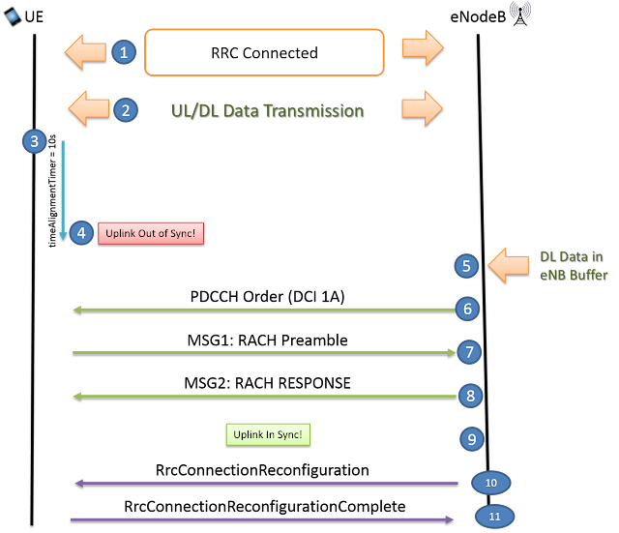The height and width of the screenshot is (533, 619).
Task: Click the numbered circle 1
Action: pyautogui.click(x=123, y=52)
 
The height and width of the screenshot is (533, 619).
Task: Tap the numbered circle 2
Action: pyautogui.click(x=124, y=109)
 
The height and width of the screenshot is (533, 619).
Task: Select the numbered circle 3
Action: pyautogui.click(x=35, y=142)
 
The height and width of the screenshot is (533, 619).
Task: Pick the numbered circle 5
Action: pyautogui.click(x=466, y=266)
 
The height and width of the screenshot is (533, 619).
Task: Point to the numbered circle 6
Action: pyautogui.click(x=468, y=310)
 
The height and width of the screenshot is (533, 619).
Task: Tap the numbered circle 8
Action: pyautogui.click(x=469, y=396)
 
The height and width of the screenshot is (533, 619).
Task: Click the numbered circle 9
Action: pyautogui.click(x=470, y=439)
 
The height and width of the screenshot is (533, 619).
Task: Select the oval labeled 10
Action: pyautogui.click(x=490, y=483)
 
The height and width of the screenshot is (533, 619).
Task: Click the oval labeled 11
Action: pyautogui.click(x=494, y=517)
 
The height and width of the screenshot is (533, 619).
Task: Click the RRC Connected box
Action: pyautogui.click(x=265, y=52)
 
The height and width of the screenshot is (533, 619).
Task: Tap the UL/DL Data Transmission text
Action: pyautogui.click(x=265, y=110)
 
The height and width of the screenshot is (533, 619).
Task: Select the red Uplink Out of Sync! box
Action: pyautogui.click(x=151, y=233)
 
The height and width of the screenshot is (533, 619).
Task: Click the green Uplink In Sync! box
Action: pyautogui.click(x=267, y=435)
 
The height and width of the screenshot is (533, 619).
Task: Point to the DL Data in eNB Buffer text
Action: pyautogui.click(x=573, y=265)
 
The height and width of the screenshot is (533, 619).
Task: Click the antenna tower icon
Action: pyautogui.click(x=519, y=14)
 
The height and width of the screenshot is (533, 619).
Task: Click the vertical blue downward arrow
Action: pyautogui.click(x=63, y=190)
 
